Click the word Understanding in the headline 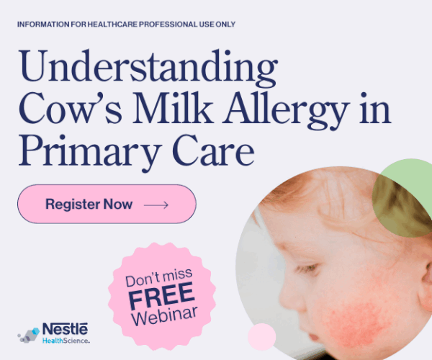click(148, 68)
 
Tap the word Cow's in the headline click(71, 109)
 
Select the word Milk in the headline click(174, 108)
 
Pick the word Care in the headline click(213, 150)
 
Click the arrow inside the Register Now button click(156, 204)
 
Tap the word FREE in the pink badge click(161, 295)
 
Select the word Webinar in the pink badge click(165, 315)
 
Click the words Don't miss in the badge click(159, 277)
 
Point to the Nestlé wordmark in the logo click(65, 329)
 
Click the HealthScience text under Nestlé click(66, 341)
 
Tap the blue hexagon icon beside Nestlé click(35, 331)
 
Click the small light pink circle click(261, 337)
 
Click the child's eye click(308, 267)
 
